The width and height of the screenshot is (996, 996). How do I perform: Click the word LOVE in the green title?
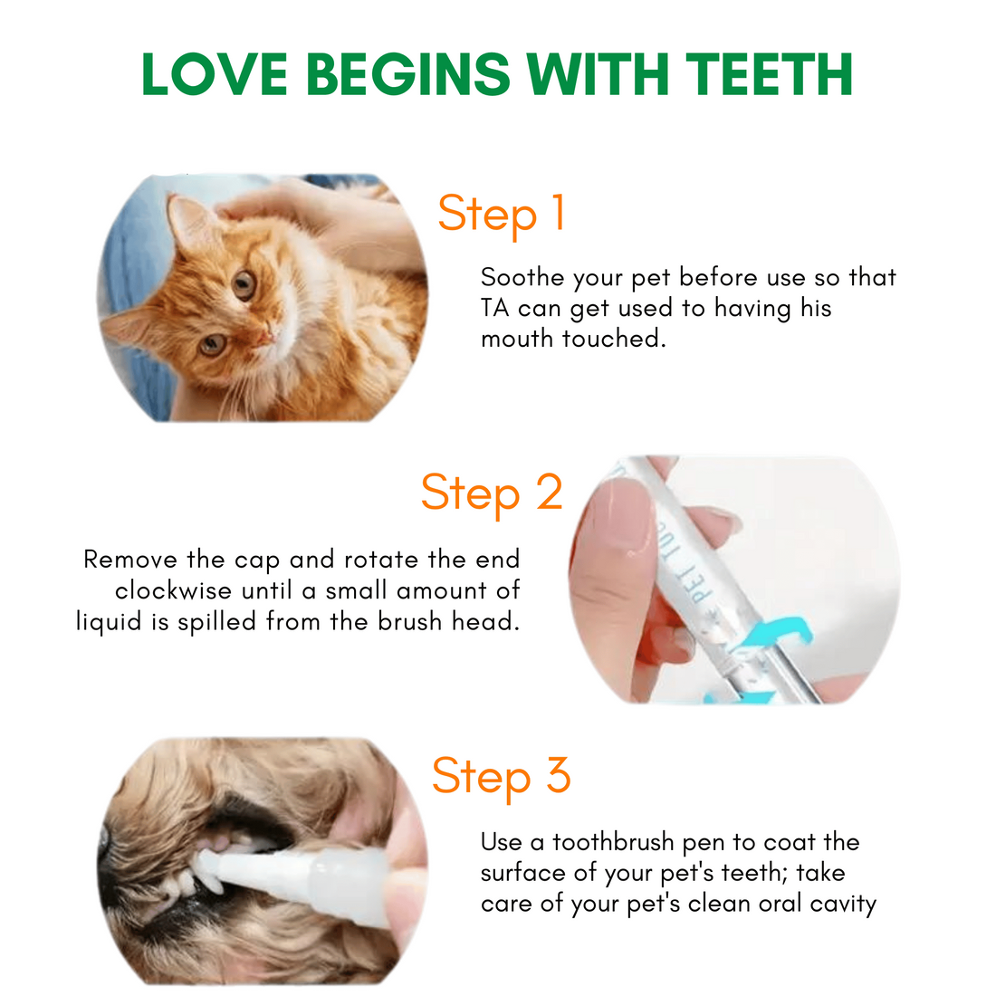(215, 74)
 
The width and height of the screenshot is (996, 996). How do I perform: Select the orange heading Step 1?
(502, 215)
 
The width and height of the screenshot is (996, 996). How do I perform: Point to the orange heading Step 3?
(502, 777)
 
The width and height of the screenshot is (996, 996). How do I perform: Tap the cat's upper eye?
(243, 285)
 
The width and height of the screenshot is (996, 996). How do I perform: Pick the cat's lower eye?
(212, 344)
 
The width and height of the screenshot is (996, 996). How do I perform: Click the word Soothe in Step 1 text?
(522, 278)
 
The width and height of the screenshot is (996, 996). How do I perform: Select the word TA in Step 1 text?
(494, 308)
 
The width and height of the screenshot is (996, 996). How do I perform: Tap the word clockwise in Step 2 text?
(174, 590)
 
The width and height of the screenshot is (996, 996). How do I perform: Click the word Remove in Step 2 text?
(131, 560)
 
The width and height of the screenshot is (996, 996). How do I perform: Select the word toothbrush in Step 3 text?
(613, 843)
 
